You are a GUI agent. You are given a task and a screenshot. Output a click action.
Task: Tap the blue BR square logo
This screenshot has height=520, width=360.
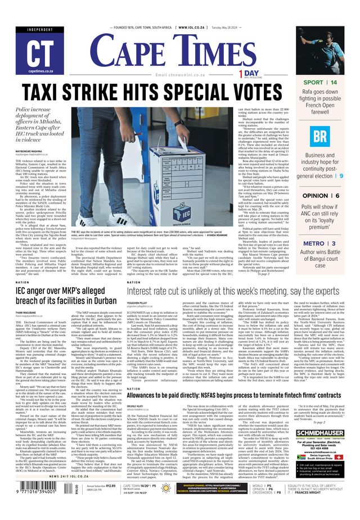click(320, 136)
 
